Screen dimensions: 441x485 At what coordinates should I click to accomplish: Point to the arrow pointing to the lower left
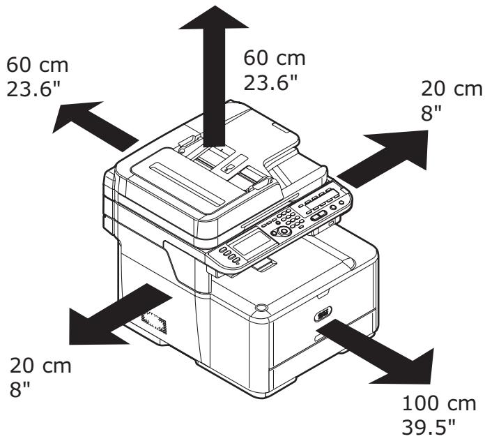pos(111,315)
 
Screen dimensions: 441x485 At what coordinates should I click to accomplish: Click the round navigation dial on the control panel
pos(284,231)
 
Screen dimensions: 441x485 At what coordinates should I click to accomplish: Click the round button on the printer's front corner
pos(261,306)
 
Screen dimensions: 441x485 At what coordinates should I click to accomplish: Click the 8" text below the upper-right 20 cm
pos(430,112)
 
